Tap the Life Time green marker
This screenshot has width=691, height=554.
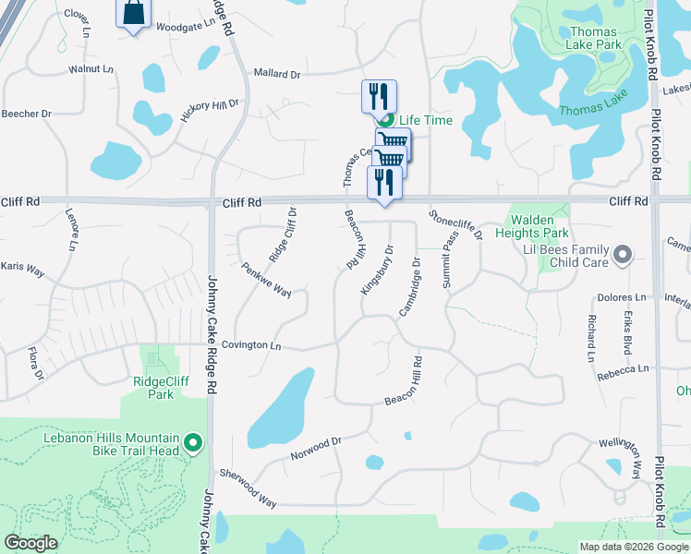pos(387,120)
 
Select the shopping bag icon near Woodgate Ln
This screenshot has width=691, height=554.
pos(133,13)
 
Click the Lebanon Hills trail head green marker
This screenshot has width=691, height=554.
pos(193,444)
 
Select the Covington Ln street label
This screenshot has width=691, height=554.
pos(250,344)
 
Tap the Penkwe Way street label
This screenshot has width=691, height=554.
pos(266,280)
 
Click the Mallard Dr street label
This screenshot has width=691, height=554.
pos(277,74)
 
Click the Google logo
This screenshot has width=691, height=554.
pos(30,543)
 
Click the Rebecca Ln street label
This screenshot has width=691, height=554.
pos(623,369)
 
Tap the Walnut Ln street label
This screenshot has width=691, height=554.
pos(91,69)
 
